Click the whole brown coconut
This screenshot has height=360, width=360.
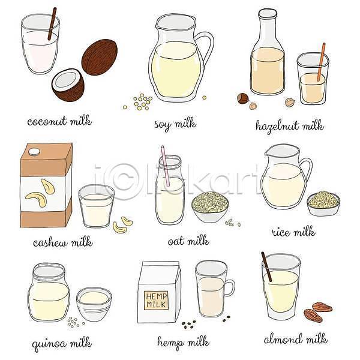point(100,57)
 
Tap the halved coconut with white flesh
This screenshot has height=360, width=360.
point(68,85)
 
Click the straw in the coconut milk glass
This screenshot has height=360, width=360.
point(52,23)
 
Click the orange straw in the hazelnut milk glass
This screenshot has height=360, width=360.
point(321,62)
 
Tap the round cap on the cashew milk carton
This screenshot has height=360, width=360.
point(34,152)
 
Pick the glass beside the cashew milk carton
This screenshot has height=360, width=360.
point(97,206)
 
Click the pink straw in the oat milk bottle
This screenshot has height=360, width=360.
point(166,166)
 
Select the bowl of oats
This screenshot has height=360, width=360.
point(211,207)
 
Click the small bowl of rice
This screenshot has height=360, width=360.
point(323,203)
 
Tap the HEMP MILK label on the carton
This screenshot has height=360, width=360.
point(156,300)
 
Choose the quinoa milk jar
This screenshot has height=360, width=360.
point(49,293)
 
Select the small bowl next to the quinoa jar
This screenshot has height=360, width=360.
point(94,304)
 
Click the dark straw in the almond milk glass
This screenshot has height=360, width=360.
point(266,266)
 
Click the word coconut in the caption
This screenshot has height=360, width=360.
point(47,121)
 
